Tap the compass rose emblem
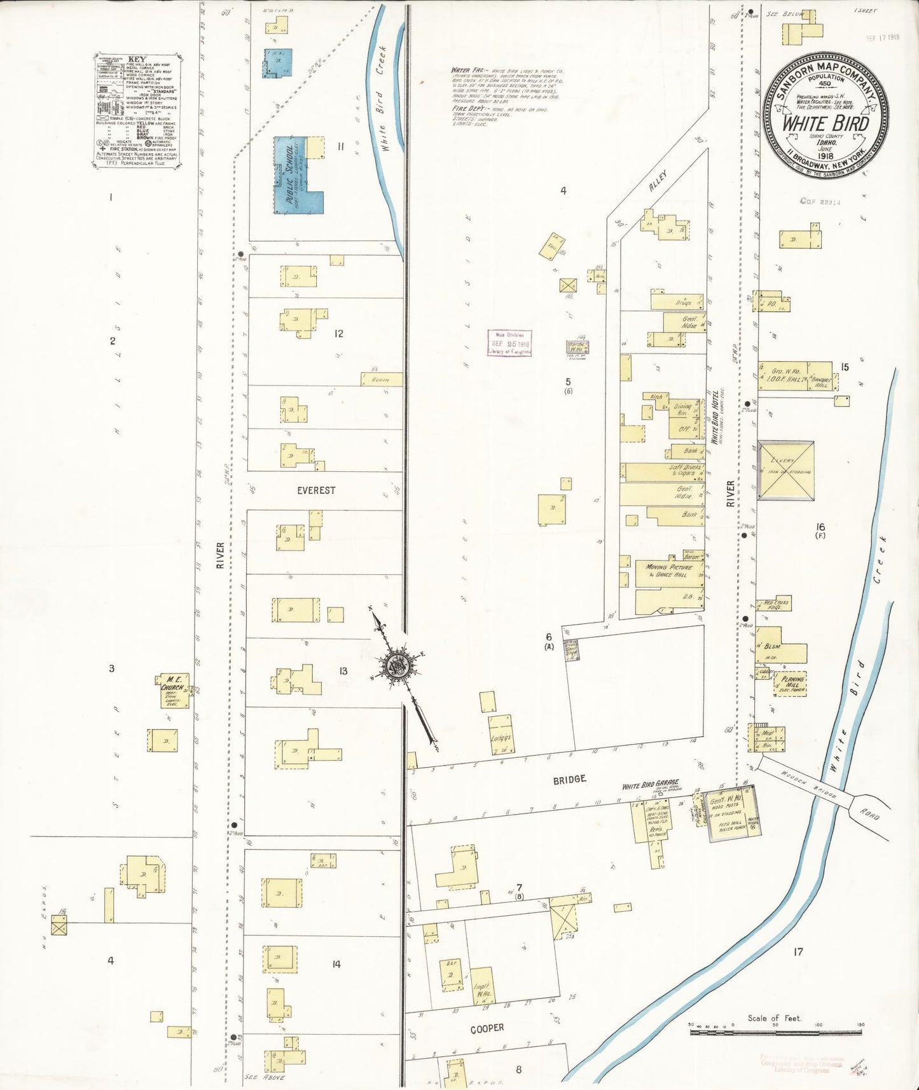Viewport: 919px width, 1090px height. pyautogui.click(x=396, y=666)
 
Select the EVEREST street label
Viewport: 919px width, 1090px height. pyautogui.click(x=316, y=490)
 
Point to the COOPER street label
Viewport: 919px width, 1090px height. pyautogui.click(x=487, y=1028)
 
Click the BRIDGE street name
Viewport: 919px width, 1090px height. pyautogui.click(x=569, y=779)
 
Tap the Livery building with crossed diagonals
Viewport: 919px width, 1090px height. pyautogui.click(x=785, y=471)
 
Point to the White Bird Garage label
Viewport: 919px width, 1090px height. pyautogui.click(x=650, y=785)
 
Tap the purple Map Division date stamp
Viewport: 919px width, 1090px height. pyautogui.click(x=509, y=343)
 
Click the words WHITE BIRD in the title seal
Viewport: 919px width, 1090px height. pyautogui.click(x=824, y=123)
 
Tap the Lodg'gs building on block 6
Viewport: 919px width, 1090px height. pyautogui.click(x=501, y=735)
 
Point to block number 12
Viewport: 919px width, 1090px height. pyautogui.click(x=338, y=333)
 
